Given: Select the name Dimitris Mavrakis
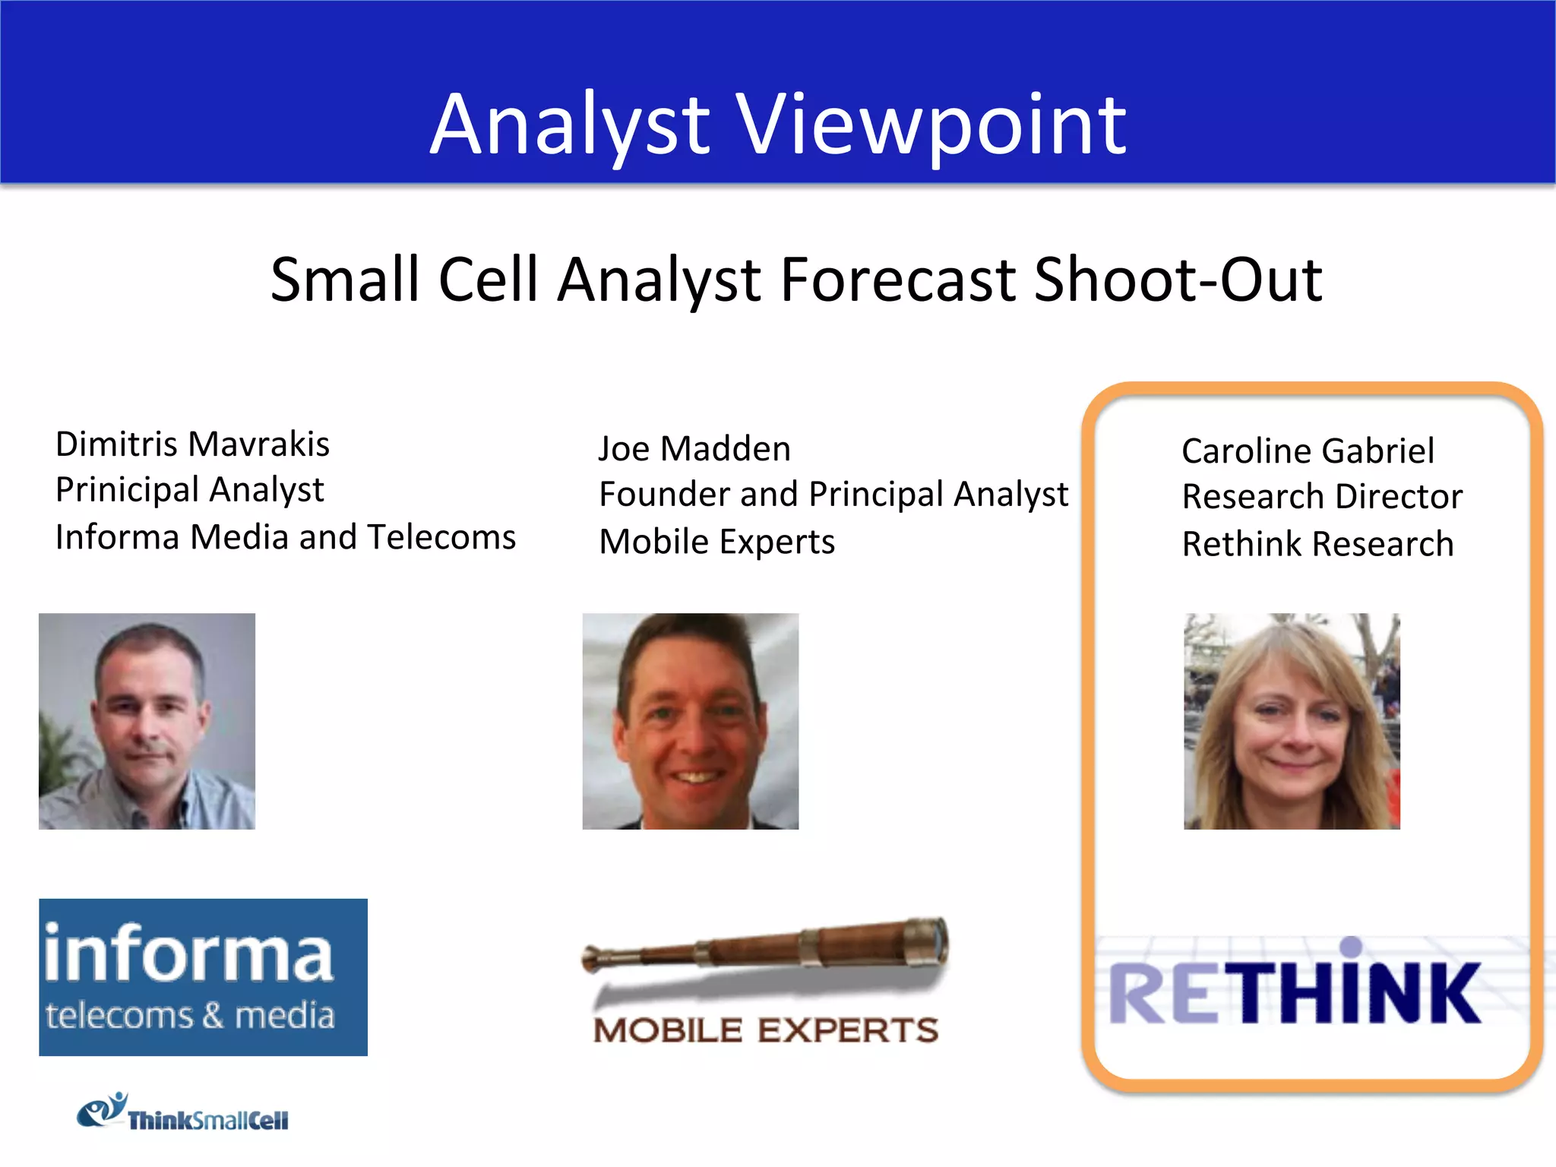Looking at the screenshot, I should pyautogui.click(x=192, y=444).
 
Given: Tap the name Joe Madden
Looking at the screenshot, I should pyautogui.click(x=694, y=448).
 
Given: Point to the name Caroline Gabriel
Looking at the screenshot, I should pyautogui.click(x=1308, y=451).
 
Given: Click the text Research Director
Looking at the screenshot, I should pyautogui.click(x=1321, y=497).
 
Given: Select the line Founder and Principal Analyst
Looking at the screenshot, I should pyautogui.click(x=833, y=495).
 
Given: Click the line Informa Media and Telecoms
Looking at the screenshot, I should pyautogui.click(x=286, y=537).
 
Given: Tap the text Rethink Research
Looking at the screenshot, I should pyautogui.click(x=1317, y=544).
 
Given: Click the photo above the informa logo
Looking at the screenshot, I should pyautogui.click(x=147, y=721).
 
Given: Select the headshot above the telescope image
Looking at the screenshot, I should pyautogui.click(x=690, y=721).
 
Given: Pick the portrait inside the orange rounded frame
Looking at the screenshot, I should pyautogui.click(x=1292, y=721).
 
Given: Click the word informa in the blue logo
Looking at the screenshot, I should pyautogui.click(x=188, y=954).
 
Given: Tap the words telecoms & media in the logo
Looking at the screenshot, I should pyautogui.click(x=190, y=1016).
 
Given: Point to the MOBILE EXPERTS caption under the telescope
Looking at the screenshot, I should pyautogui.click(x=766, y=1030).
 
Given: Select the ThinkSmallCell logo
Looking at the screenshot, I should pyautogui.click(x=183, y=1114).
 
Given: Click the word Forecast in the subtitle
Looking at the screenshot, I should pyautogui.click(x=898, y=280).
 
